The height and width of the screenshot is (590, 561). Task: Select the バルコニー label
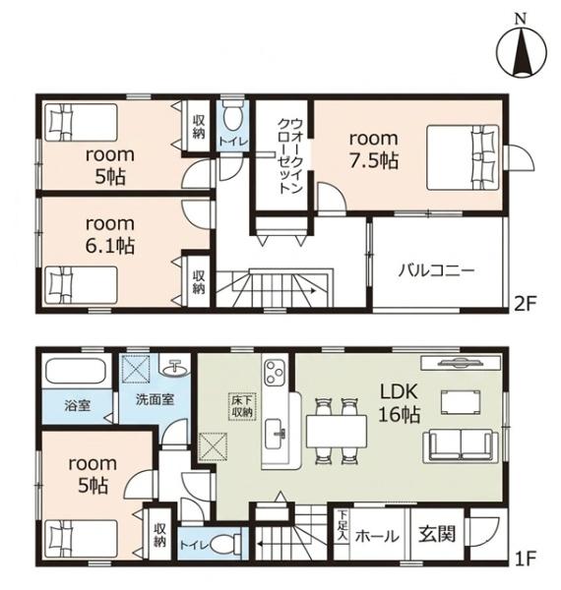point(436,270)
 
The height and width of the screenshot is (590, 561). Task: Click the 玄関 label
point(438,534)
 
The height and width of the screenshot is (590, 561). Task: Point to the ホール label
point(377,536)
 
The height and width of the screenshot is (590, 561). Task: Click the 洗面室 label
point(156,399)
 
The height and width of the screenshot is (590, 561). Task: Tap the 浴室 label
point(77,405)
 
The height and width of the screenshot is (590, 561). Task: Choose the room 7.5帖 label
point(373,149)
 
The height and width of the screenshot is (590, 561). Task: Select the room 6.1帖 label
point(110,235)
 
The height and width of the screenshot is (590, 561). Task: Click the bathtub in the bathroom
point(78,372)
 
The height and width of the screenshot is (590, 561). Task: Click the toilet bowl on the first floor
point(224,544)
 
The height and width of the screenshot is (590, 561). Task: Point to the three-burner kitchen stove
point(275,372)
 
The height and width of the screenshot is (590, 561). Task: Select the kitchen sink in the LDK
point(276,433)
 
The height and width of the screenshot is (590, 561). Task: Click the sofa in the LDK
point(461,446)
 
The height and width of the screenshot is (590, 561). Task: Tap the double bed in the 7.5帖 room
point(463,157)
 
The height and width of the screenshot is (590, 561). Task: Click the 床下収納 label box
point(242,407)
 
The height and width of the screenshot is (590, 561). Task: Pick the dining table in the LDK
point(337,432)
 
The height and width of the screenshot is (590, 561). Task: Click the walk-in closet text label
point(290,155)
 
